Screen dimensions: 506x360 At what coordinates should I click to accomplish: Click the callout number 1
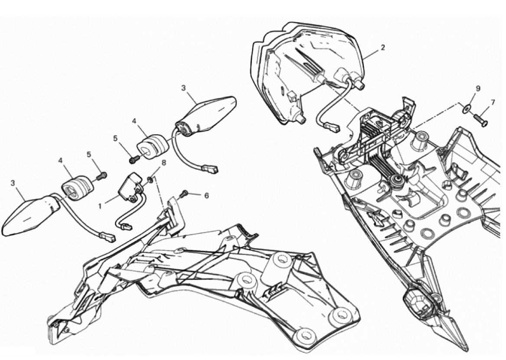click(x=100, y=205)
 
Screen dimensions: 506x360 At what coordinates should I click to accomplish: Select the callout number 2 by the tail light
click(x=383, y=48)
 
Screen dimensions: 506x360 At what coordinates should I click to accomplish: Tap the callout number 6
click(x=206, y=195)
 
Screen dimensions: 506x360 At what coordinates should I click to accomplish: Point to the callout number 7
click(x=493, y=103)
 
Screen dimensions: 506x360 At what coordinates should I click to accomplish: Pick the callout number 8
click(x=164, y=163)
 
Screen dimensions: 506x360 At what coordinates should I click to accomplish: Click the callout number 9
click(x=478, y=88)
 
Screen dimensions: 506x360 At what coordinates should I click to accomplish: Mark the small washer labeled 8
click(x=151, y=179)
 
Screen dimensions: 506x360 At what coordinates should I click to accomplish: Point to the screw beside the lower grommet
click(x=101, y=175)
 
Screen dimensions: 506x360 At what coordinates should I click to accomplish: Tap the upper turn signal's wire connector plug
click(x=210, y=168)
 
